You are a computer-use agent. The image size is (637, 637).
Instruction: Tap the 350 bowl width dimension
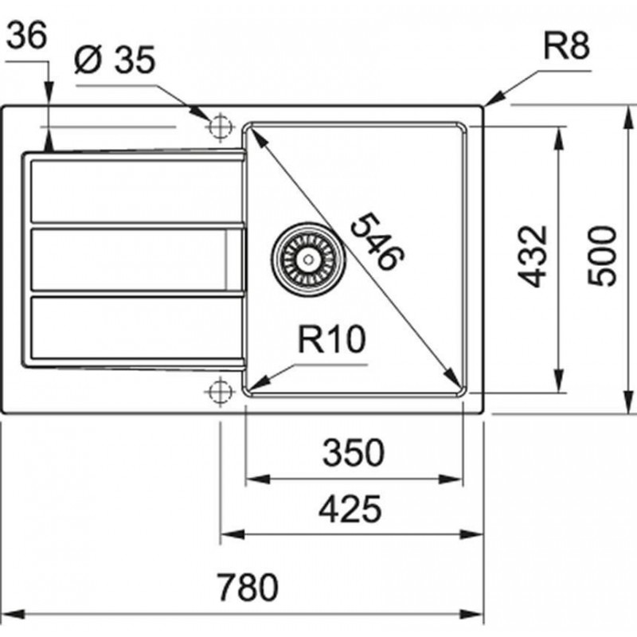coord(352,454)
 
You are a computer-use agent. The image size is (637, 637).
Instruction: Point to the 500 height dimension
coord(603,256)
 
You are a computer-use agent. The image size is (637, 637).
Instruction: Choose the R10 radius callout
coord(331,342)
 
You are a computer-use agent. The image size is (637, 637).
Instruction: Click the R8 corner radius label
coord(566,49)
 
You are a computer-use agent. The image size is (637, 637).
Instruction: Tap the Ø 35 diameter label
coord(113,61)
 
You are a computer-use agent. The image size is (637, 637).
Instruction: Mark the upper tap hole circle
coord(218,126)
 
